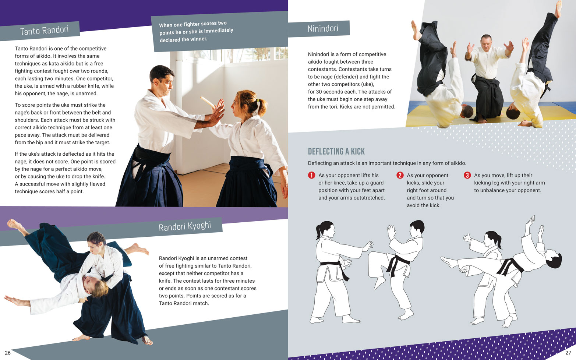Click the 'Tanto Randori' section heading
pos(44,31)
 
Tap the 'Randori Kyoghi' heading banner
pos(185,226)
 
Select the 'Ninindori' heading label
pos(323,28)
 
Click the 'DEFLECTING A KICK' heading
pos(336,151)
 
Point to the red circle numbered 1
pos(311,175)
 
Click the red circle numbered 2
pos(400,175)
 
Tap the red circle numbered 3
pos(467,175)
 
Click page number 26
pos(8,353)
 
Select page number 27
pos(568,353)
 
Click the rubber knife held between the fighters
pos(208,102)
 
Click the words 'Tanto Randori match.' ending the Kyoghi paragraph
pos(184,303)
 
